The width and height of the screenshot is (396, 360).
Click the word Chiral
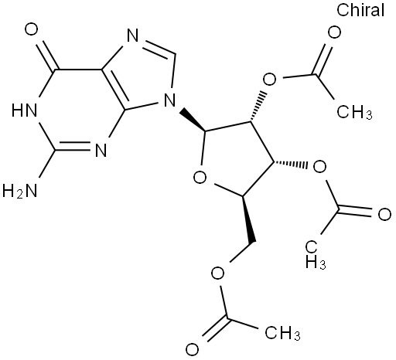tap(360, 10)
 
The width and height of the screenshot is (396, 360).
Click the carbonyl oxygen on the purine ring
tap(32, 29)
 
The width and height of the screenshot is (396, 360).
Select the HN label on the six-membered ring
tap(24, 110)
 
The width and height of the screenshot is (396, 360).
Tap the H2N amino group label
tap(19, 191)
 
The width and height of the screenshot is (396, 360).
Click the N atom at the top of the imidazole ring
tap(133, 36)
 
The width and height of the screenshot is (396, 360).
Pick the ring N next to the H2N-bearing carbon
tap(101, 151)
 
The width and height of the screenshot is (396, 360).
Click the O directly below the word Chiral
tap(334, 32)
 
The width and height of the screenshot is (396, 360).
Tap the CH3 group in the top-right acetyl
tap(354, 112)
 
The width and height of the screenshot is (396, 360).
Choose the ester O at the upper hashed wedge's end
tap(269, 80)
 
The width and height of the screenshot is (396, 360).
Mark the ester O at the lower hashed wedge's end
tap(319, 167)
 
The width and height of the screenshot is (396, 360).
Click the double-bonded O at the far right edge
tap(384, 215)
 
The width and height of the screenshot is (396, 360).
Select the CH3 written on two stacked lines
tap(316, 255)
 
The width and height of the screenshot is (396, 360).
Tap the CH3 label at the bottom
tap(282, 333)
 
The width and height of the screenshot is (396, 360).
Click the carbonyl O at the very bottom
tap(193, 349)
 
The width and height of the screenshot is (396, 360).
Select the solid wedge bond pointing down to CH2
tap(249, 219)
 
